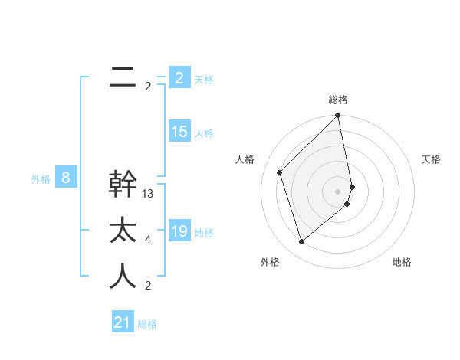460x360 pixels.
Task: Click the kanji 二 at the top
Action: [123, 77]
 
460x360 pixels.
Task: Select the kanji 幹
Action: [123, 185]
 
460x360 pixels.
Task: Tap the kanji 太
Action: [123, 231]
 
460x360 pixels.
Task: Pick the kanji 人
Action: [123, 277]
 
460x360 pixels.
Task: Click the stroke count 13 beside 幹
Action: [148, 194]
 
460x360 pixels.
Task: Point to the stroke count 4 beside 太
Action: [148, 240]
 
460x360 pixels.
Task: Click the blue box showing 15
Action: [179, 132]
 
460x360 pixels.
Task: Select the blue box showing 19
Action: [179, 231]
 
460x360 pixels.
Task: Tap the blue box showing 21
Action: [122, 322]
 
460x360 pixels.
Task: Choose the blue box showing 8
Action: [66, 178]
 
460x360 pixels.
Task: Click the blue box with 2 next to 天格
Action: [179, 77]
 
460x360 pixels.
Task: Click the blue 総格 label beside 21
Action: [147, 324]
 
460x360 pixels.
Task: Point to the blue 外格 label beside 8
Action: [41, 179]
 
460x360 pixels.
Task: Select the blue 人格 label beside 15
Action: [204, 133]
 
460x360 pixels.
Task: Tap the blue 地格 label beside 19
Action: [204, 232]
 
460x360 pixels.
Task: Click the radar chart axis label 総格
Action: [338, 100]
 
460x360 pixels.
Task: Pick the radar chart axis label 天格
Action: [432, 159]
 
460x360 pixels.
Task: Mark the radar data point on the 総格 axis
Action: [337, 116]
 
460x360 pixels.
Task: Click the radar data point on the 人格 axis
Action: [280, 172]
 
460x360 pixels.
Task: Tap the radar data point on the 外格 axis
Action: [301, 242]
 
